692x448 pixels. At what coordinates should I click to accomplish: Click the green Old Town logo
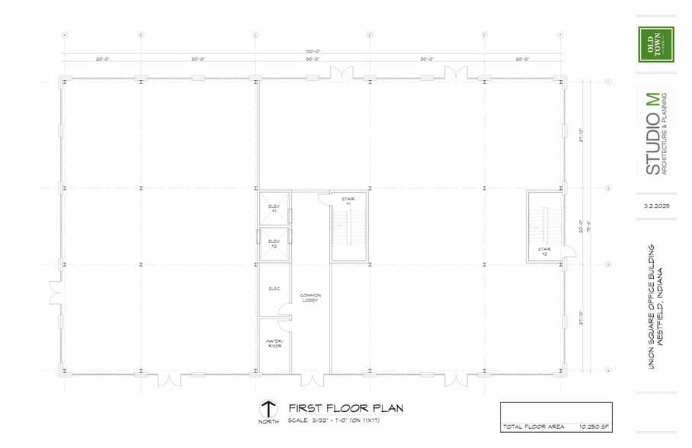[x=655, y=44]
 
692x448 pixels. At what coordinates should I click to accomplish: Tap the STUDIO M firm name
[x=654, y=134]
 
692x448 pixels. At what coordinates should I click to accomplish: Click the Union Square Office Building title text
[x=655, y=306]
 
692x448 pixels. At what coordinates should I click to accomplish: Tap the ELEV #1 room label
[x=274, y=208]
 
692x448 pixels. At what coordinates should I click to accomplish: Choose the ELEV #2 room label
[x=274, y=244]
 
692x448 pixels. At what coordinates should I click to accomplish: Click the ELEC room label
[x=274, y=289]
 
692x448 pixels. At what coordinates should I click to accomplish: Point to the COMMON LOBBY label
[x=310, y=298]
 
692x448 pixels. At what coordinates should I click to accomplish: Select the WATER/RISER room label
[x=274, y=343]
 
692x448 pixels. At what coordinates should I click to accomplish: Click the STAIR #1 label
[x=347, y=201]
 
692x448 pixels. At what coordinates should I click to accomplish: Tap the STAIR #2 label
[x=544, y=250]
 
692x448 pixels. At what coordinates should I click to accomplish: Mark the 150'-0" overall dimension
[x=312, y=53]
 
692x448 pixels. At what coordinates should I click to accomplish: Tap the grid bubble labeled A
[x=65, y=35]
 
